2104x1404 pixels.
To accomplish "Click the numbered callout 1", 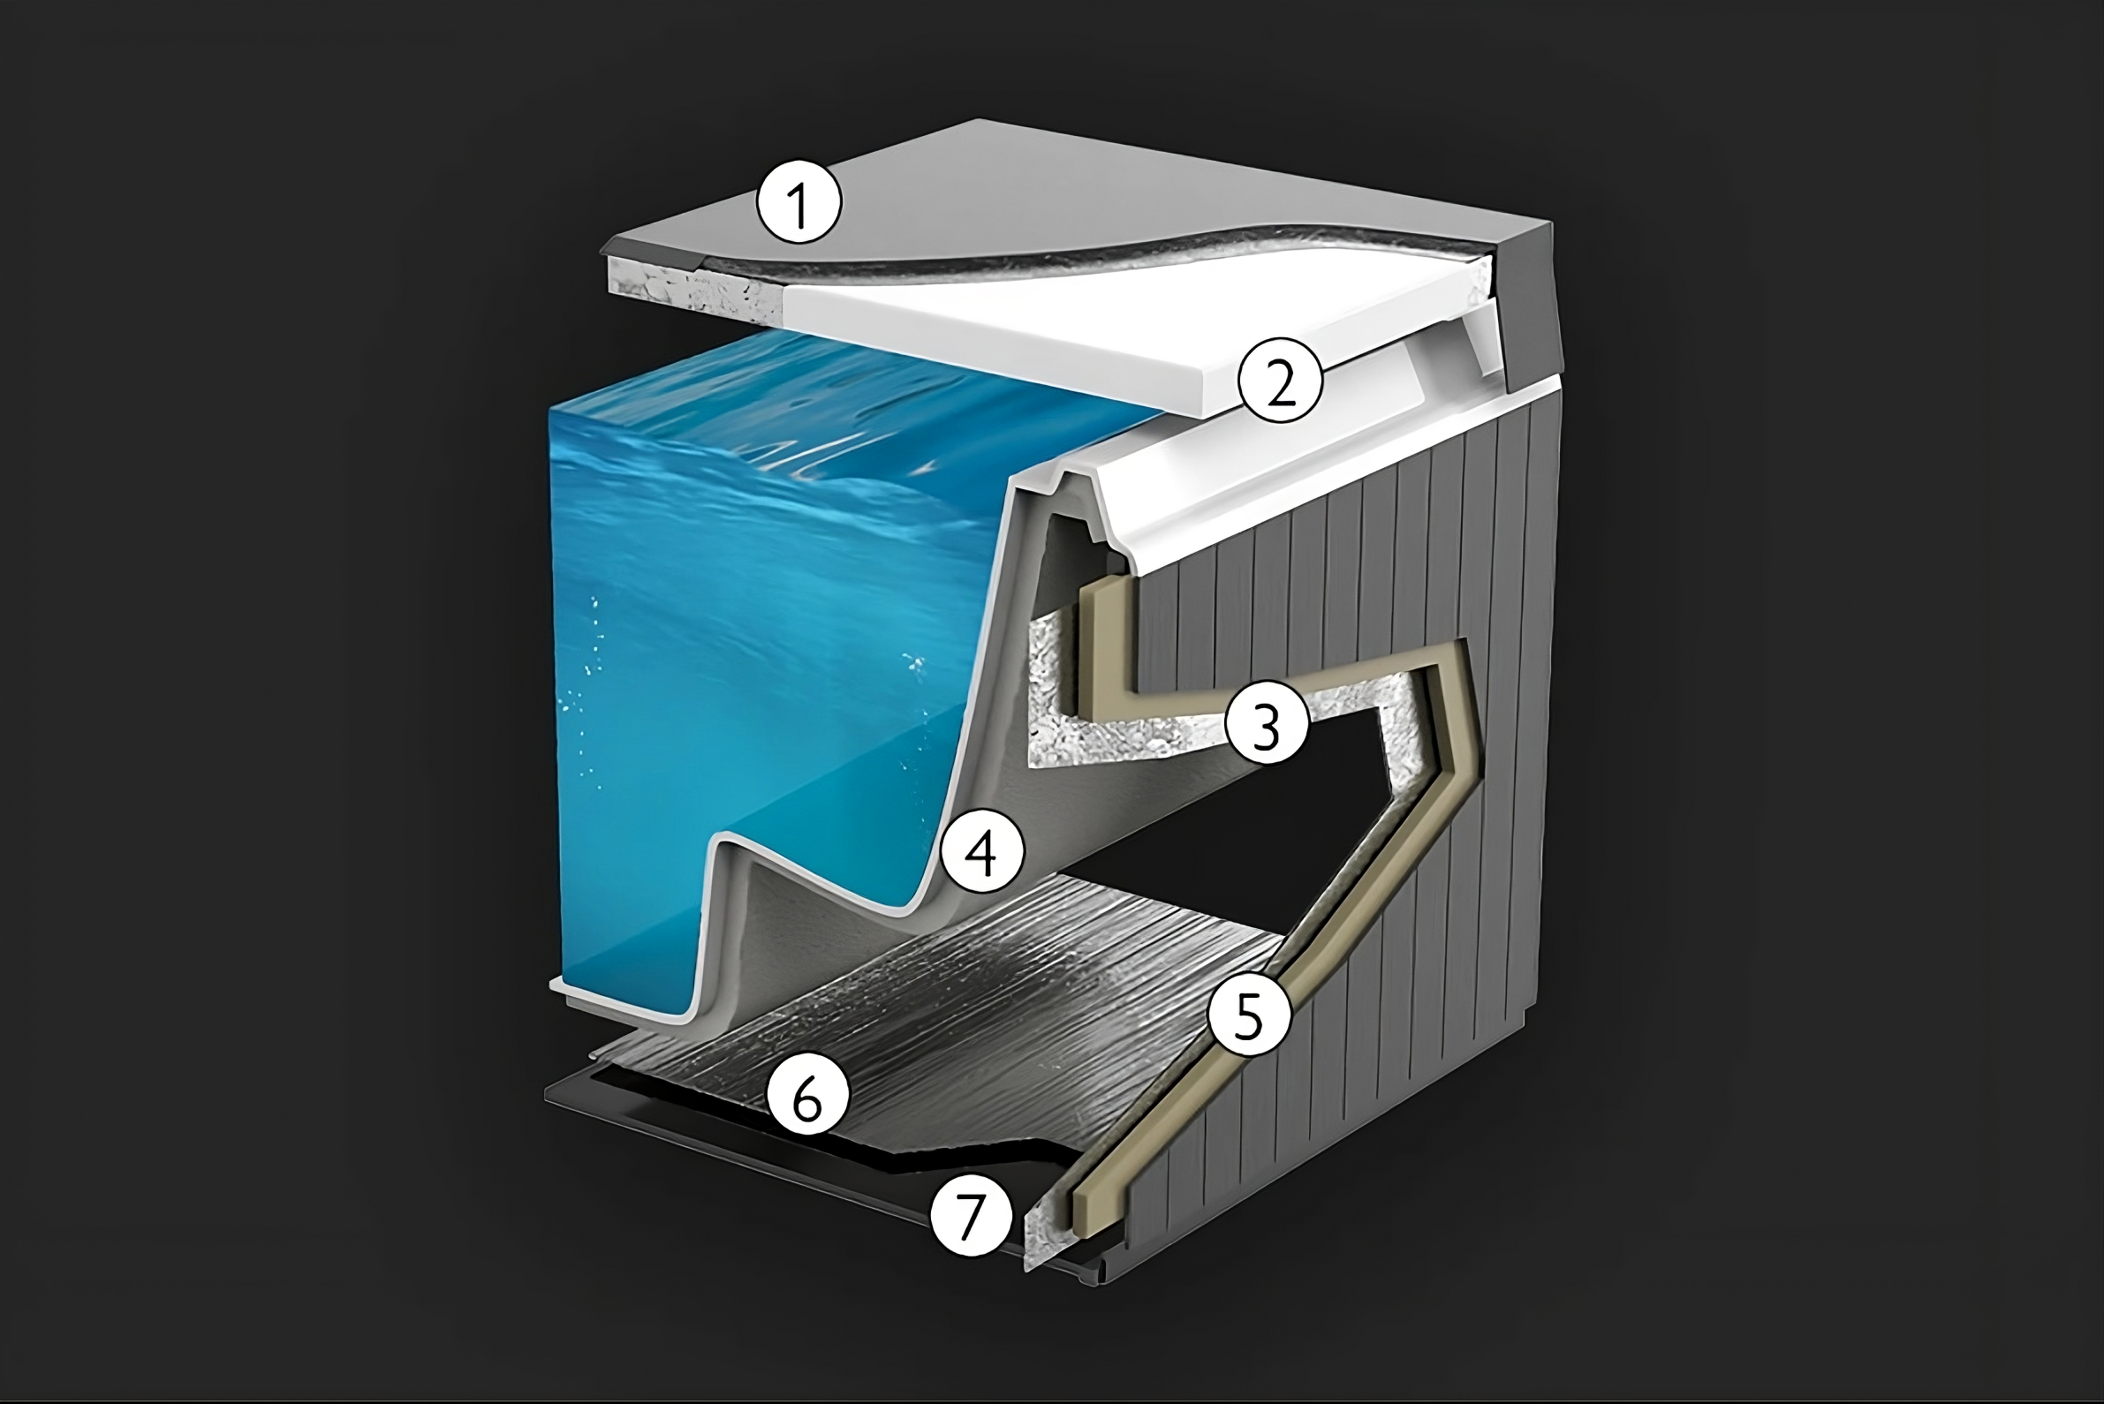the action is click(799, 203).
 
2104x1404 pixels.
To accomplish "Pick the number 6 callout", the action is click(806, 1096).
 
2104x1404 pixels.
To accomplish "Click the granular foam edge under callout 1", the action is click(690, 286).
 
